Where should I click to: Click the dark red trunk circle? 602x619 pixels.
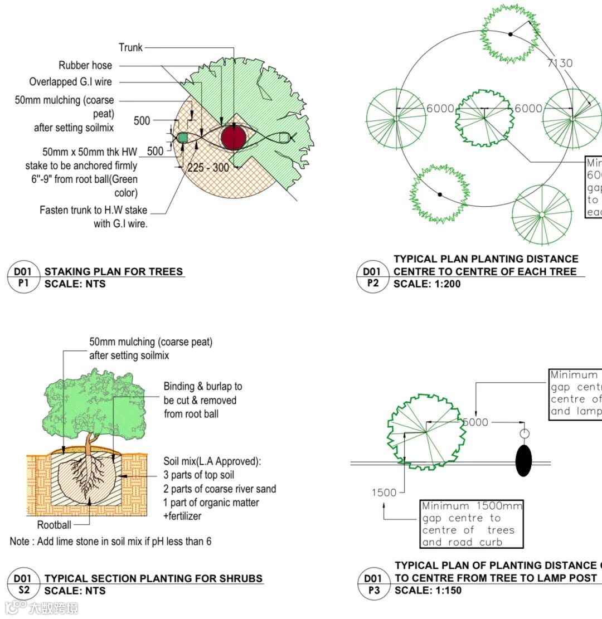pyautogui.click(x=234, y=138)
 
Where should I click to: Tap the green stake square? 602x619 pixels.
pyautogui.click(x=182, y=137)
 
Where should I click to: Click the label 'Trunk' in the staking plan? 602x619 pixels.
pyautogui.click(x=130, y=48)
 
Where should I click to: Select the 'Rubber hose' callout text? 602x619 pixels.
pyautogui.click(x=85, y=66)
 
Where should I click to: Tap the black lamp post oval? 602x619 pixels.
pyautogui.click(x=523, y=460)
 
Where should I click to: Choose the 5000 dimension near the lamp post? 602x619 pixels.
pyautogui.click(x=475, y=422)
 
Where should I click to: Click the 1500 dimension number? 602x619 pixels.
pyautogui.click(x=383, y=493)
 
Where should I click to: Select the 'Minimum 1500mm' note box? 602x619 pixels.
pyautogui.click(x=472, y=524)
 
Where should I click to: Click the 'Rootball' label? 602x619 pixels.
pyautogui.click(x=54, y=525)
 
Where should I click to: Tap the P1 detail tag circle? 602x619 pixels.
pyautogui.click(x=23, y=277)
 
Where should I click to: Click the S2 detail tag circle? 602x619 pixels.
pyautogui.click(x=23, y=584)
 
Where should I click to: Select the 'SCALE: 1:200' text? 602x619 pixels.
pyautogui.click(x=427, y=284)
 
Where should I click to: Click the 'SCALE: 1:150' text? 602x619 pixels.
pyautogui.click(x=428, y=591)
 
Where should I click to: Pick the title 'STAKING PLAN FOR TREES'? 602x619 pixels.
pyautogui.click(x=114, y=272)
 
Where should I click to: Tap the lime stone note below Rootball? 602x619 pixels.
pyautogui.click(x=110, y=542)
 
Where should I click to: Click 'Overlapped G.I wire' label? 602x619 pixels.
pyautogui.click(x=71, y=82)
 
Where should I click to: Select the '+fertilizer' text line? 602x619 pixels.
pyautogui.click(x=182, y=516)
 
